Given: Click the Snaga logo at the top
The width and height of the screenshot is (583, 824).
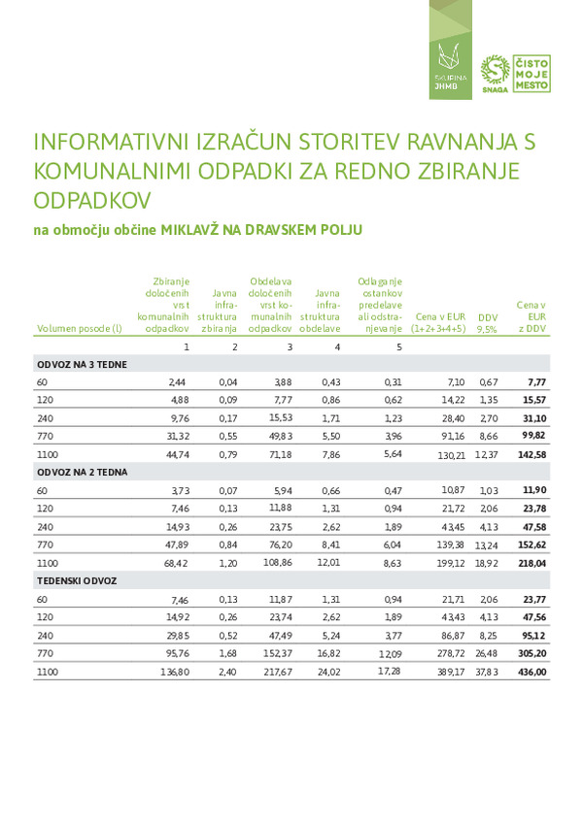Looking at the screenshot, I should click(497, 74).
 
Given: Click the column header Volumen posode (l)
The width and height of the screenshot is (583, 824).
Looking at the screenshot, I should click(79, 329).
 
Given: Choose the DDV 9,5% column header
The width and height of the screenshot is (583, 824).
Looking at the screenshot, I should click(487, 323).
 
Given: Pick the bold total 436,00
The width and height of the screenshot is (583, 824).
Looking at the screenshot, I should click(532, 672).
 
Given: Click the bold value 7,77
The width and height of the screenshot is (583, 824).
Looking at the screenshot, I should click(537, 382).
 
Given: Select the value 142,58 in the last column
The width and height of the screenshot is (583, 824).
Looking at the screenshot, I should click(532, 455).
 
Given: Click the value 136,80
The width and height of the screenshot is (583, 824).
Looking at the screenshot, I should click(173, 672).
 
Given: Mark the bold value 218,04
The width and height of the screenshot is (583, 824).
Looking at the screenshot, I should click(532, 563).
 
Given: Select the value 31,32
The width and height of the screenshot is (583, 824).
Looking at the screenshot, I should click(174, 437).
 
